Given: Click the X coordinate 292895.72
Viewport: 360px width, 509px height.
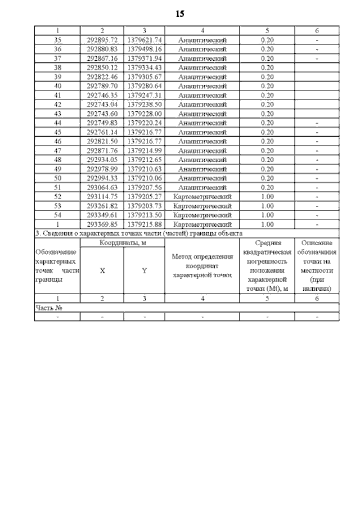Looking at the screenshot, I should tap(102, 40).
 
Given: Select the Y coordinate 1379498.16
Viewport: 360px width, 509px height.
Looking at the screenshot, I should tap(145, 49).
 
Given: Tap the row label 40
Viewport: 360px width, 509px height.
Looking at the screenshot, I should tap(57, 86).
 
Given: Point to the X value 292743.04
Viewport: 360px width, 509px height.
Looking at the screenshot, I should tap(102, 105).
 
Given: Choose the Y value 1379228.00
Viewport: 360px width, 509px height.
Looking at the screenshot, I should tap(145, 114).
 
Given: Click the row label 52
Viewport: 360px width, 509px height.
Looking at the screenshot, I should tap(57, 196).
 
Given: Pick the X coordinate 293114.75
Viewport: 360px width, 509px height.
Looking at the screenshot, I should tap(102, 196).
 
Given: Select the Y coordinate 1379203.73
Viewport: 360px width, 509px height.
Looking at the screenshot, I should tap(145, 206).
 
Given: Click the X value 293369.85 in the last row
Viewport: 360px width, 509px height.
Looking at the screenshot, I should tap(102, 224).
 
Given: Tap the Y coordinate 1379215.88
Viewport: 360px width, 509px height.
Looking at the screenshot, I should tap(145, 224).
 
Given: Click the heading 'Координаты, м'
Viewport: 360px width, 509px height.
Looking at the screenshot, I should tap(123, 242).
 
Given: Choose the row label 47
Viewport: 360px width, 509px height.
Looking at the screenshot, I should tap(57, 151).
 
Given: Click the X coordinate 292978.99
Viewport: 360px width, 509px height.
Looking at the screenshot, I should tap(102, 169).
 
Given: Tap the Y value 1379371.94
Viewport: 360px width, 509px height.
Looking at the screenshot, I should tap(145, 58).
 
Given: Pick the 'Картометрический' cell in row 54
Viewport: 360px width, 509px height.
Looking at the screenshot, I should tap(202, 215).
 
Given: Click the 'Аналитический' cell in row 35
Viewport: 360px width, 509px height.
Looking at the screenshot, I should tap(202, 40).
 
